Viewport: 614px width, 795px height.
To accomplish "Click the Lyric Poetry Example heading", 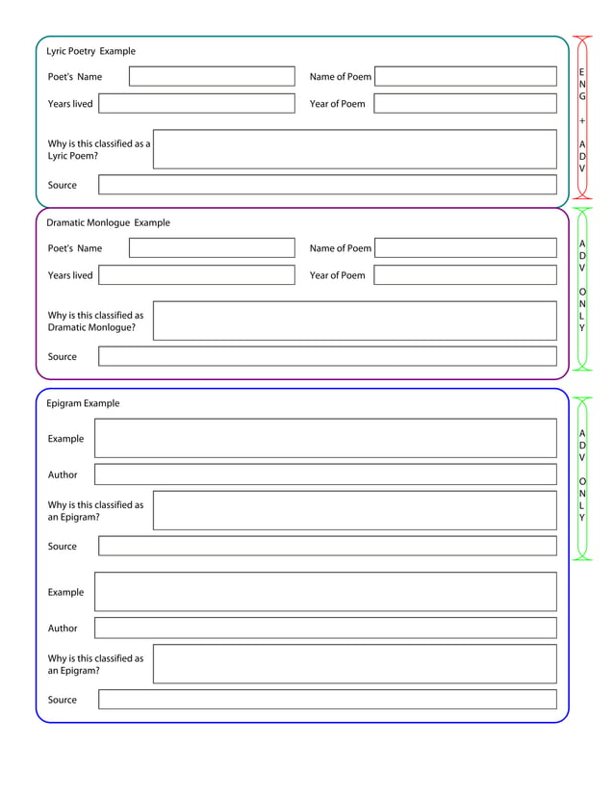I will click(91, 51).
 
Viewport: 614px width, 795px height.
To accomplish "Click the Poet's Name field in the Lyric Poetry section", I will click(212, 77).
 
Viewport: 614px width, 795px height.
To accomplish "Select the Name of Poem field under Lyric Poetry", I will click(465, 77).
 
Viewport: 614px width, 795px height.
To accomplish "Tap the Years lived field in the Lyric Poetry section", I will click(196, 104).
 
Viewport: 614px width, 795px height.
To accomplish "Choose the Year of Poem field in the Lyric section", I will click(465, 104).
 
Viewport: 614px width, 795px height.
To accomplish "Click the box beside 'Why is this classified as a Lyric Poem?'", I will click(354, 149).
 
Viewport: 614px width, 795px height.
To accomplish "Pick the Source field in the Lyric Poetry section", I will click(327, 185).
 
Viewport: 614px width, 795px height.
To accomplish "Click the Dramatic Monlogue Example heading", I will click(108, 222).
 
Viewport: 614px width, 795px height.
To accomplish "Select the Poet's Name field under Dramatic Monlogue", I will click(212, 248).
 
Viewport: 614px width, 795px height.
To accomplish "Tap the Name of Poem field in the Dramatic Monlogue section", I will click(465, 248).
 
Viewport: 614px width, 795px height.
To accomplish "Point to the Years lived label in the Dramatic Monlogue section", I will click(70, 275).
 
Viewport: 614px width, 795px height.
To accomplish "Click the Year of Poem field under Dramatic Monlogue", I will click(465, 275).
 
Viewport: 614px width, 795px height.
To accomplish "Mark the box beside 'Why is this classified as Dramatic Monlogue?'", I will click(354, 321).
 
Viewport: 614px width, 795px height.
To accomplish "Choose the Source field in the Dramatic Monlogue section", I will click(327, 356).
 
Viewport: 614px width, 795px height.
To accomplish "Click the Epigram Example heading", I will click(83, 403).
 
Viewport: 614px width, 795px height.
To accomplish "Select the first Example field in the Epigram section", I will click(325, 439).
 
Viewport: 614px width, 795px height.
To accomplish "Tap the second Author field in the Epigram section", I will click(325, 628).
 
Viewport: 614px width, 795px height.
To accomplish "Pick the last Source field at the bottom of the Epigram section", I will click(327, 700).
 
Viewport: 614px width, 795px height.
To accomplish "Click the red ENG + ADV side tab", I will click(582, 117).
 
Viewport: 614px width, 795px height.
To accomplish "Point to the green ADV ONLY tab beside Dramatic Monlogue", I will click(582, 288).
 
